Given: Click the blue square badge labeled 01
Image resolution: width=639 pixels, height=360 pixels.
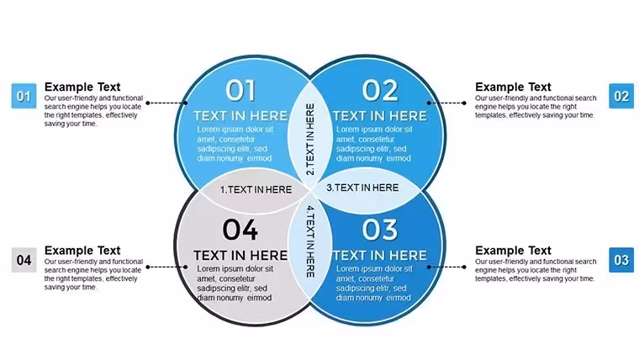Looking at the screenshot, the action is pos(24,96).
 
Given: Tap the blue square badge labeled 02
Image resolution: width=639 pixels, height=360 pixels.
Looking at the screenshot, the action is pos(621,96).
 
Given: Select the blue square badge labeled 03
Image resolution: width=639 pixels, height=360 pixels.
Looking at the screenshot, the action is pos(621,260).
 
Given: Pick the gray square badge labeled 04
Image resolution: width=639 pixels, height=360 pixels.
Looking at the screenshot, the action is pos(24,260).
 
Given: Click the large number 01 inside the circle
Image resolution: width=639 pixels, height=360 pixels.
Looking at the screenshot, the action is pos(240,91).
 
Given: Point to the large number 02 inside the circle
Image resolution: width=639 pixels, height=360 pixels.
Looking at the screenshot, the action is pos(380,91).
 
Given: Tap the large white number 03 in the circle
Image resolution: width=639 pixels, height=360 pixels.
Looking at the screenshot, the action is pos(380,230).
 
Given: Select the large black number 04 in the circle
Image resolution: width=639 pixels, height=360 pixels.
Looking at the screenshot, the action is pos(240,230).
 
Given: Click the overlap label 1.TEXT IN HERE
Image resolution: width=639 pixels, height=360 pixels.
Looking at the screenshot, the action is pos(256,189).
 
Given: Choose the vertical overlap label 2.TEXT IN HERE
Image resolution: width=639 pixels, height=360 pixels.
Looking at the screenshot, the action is pos(310,139).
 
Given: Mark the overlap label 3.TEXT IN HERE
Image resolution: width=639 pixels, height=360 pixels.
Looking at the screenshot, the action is pos(362,188).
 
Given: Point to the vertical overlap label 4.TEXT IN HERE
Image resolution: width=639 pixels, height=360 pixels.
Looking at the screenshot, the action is pos(310,241).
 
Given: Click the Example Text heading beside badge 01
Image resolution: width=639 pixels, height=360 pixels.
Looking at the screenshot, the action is pos(82,87).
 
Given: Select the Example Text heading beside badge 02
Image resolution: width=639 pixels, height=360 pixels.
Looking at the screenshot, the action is pos(513,87).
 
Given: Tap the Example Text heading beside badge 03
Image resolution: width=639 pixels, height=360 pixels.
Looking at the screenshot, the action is pos(513,251).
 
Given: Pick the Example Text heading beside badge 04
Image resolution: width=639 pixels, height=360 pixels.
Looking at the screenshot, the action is pos(82,251).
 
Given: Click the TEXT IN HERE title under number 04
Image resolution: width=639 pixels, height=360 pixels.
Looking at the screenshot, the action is pos(240,255).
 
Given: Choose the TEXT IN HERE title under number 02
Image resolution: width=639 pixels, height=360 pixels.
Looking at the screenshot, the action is pos(380,116).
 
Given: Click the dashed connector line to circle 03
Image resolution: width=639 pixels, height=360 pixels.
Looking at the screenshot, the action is pos(446,267).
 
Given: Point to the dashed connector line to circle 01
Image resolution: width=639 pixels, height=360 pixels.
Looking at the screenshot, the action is pos(166,103).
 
